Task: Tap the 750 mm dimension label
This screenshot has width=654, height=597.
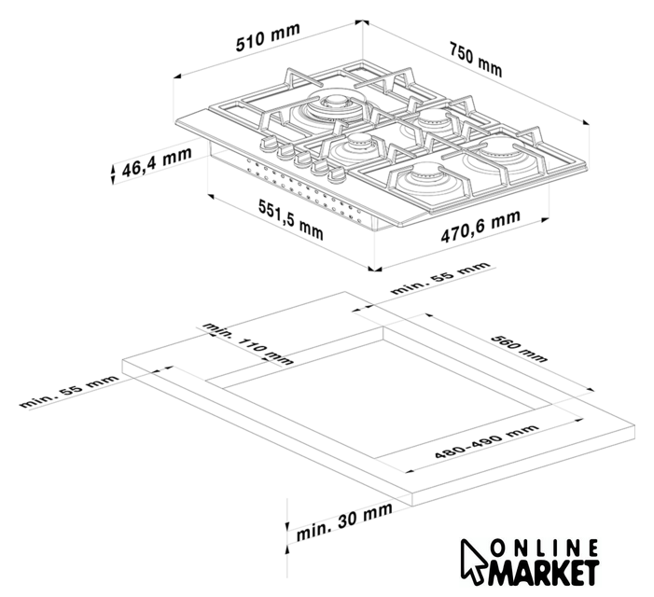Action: pyautogui.click(x=477, y=59)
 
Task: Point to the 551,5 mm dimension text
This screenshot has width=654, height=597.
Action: pyautogui.click(x=291, y=220)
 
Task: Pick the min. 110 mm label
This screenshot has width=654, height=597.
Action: pyautogui.click(x=248, y=343)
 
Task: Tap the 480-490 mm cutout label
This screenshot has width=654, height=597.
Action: pyautogui.click(x=486, y=441)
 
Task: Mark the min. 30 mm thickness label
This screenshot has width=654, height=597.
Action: pyautogui.click(x=344, y=521)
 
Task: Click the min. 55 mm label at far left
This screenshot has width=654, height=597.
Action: pyautogui.click(x=69, y=392)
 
